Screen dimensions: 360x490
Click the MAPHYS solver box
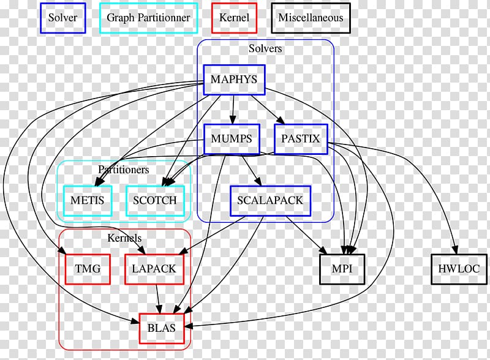pos(233,80)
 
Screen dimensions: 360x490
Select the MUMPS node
pos(231,139)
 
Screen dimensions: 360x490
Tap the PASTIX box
pos(300,139)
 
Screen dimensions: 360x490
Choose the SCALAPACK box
pos(270,201)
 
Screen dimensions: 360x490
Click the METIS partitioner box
pos(88,200)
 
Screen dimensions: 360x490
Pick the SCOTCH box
pos(156,200)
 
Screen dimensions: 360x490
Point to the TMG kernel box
pos(88,269)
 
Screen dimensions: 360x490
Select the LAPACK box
pos(154,269)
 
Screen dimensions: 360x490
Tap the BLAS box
pos(162,328)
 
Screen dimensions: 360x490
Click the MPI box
pos(342,269)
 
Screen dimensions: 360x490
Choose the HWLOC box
pos(459,269)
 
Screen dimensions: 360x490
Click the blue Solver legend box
pos(62,18)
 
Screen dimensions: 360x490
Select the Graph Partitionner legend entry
pos(148,18)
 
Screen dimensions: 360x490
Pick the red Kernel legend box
pos(234,18)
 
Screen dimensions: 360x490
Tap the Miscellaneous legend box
pos(311,18)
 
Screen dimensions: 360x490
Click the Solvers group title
pos(265,48)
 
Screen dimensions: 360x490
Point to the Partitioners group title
pos(123,169)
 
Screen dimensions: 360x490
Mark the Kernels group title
pos(124,238)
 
